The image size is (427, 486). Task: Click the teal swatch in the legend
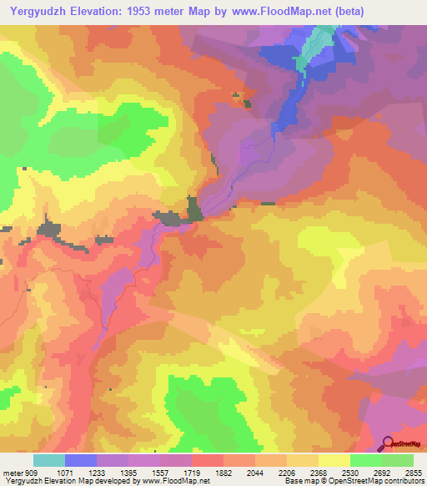coord(49,460)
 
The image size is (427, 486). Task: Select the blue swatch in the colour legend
coord(81,460)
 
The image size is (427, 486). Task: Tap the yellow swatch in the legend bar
coord(334,460)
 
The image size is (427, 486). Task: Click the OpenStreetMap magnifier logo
coord(386,443)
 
